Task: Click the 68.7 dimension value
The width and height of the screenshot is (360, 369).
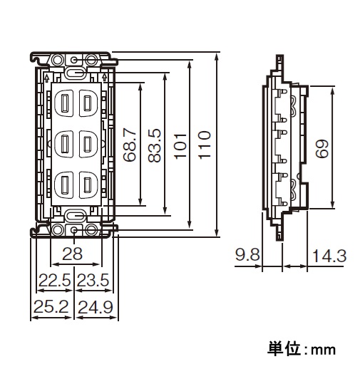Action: pos(130,145)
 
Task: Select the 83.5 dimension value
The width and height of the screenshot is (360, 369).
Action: pos(154,145)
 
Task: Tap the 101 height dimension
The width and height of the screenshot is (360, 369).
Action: pos(180,146)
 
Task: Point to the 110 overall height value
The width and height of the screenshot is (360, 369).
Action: pos(205,145)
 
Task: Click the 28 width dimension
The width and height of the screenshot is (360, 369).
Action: pos(72,254)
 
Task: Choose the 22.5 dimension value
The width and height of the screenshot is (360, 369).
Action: pos(55,280)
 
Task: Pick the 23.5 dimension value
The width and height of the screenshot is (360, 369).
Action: pos(93,280)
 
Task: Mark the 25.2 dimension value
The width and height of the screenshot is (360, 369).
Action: pos(51,306)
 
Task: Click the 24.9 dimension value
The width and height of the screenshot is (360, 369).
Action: pos(96,307)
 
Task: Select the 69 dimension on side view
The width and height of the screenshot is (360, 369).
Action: pos(322,148)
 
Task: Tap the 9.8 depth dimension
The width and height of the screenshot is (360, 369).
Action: pos(247,255)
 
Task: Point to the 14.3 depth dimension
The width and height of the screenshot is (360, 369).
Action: pos(329,256)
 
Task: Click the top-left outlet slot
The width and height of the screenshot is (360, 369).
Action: pos(64,103)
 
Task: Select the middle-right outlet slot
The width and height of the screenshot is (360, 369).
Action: pos(87,144)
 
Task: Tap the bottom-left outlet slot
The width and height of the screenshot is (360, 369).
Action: pos(64,184)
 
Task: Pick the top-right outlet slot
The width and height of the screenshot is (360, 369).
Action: pos(87,103)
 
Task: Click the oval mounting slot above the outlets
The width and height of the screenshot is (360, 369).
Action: pos(75,73)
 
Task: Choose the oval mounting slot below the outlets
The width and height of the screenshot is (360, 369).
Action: pos(75,216)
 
